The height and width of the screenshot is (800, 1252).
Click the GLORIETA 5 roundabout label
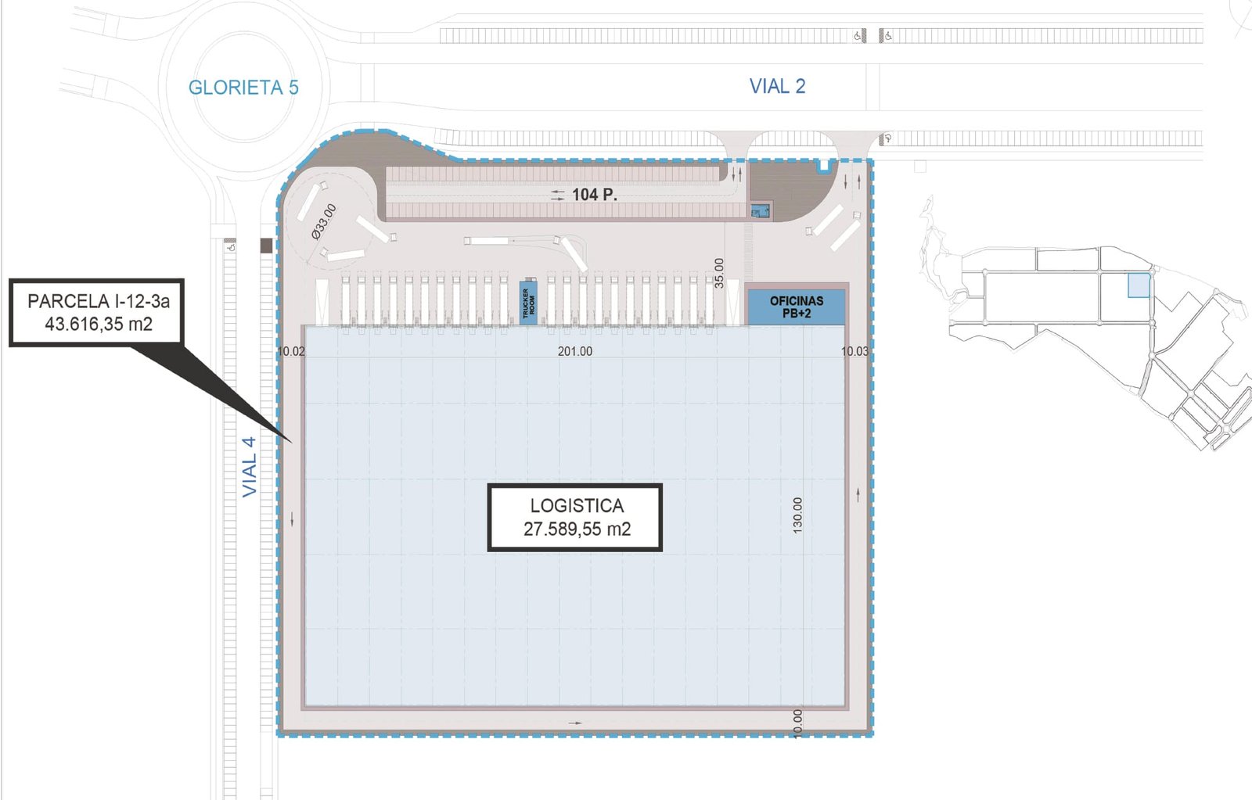pos(243,88)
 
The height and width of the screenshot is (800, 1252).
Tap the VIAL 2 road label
pos(777,86)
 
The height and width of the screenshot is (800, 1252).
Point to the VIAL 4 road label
pos(250,467)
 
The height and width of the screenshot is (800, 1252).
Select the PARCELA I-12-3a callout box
pos(97,312)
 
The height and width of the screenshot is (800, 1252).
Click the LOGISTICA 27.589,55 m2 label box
pos(575,518)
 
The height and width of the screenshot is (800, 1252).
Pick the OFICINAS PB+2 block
pos(797,307)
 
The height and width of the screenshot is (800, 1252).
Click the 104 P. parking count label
pos(594,195)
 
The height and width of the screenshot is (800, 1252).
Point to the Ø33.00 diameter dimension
pos(324,222)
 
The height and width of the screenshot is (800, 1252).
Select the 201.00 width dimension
pos(575,351)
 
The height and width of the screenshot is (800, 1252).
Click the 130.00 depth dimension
pos(797,515)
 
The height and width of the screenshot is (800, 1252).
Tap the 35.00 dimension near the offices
pos(719,273)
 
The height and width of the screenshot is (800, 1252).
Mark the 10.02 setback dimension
pos(291,351)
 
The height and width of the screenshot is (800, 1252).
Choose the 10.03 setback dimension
pos(855,351)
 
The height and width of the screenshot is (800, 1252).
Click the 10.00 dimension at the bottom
pos(797,724)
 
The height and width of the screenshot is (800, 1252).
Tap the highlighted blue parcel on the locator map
pos(1139,285)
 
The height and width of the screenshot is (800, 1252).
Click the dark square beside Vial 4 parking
pos(267,246)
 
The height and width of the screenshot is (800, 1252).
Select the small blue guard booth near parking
pos(758,211)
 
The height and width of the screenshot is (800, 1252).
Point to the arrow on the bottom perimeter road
pos(575,723)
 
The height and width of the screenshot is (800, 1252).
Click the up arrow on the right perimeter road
pos(858,494)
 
